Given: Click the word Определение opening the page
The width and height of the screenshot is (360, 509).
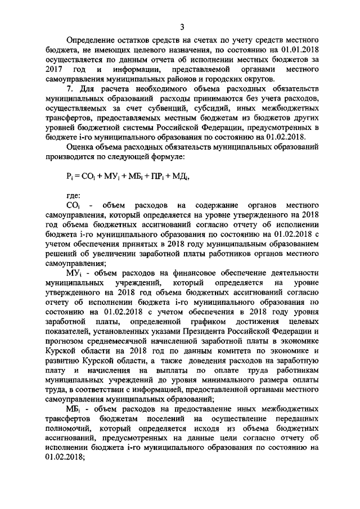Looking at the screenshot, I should pyautogui.click(x=92, y=40).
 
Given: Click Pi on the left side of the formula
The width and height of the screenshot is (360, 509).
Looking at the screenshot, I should pyautogui.click(x=70, y=175).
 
